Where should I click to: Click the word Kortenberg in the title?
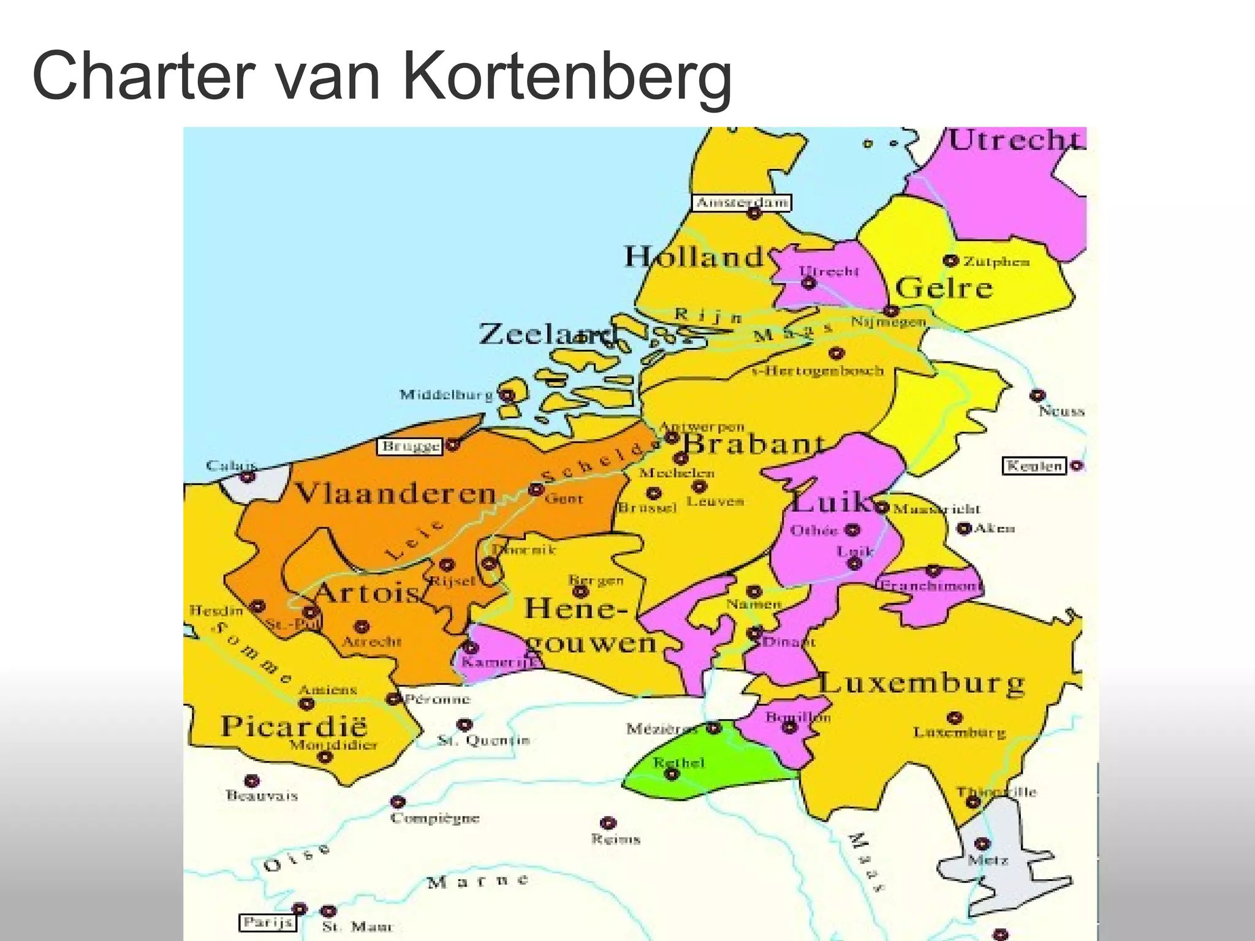tap(567, 77)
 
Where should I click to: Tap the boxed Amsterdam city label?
tap(741, 202)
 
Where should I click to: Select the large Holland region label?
tap(694, 256)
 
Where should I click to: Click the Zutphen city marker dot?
tap(950, 260)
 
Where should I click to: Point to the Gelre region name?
tap(944, 288)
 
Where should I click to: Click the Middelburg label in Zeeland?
tap(446, 395)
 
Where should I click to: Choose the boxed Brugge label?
tap(411, 446)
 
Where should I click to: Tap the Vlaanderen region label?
tap(395, 493)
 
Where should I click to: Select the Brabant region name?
tap(754, 444)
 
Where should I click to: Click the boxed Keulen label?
tap(1034, 466)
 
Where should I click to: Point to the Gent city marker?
tap(536, 489)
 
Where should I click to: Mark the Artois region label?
tap(366, 592)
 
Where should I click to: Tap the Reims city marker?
tap(608, 823)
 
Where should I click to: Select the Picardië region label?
tap(294, 727)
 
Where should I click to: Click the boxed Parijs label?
tap(267, 922)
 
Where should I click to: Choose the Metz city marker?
tap(982, 844)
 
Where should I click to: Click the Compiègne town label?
tap(435, 818)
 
